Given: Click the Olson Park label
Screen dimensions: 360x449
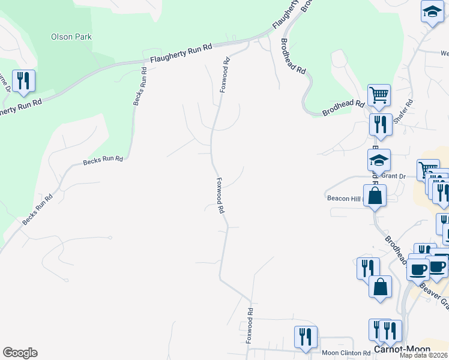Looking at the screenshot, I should pos(71,37).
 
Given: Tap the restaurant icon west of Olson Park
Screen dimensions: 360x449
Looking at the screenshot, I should pos(23,81).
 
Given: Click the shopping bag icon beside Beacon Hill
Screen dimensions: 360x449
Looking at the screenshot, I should pos(375,196).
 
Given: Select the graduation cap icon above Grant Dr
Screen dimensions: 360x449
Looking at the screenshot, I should pos(379,161).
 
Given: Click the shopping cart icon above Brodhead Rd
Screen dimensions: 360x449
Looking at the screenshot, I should pos(379,95).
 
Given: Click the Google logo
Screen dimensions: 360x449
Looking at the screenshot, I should pos(20,353).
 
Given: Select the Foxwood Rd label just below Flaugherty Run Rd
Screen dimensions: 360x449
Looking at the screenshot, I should pos(225,74).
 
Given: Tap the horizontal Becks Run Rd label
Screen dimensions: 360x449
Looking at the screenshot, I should pos(103,160).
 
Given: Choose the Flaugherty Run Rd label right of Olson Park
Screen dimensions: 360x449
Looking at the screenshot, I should pos(181,53).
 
